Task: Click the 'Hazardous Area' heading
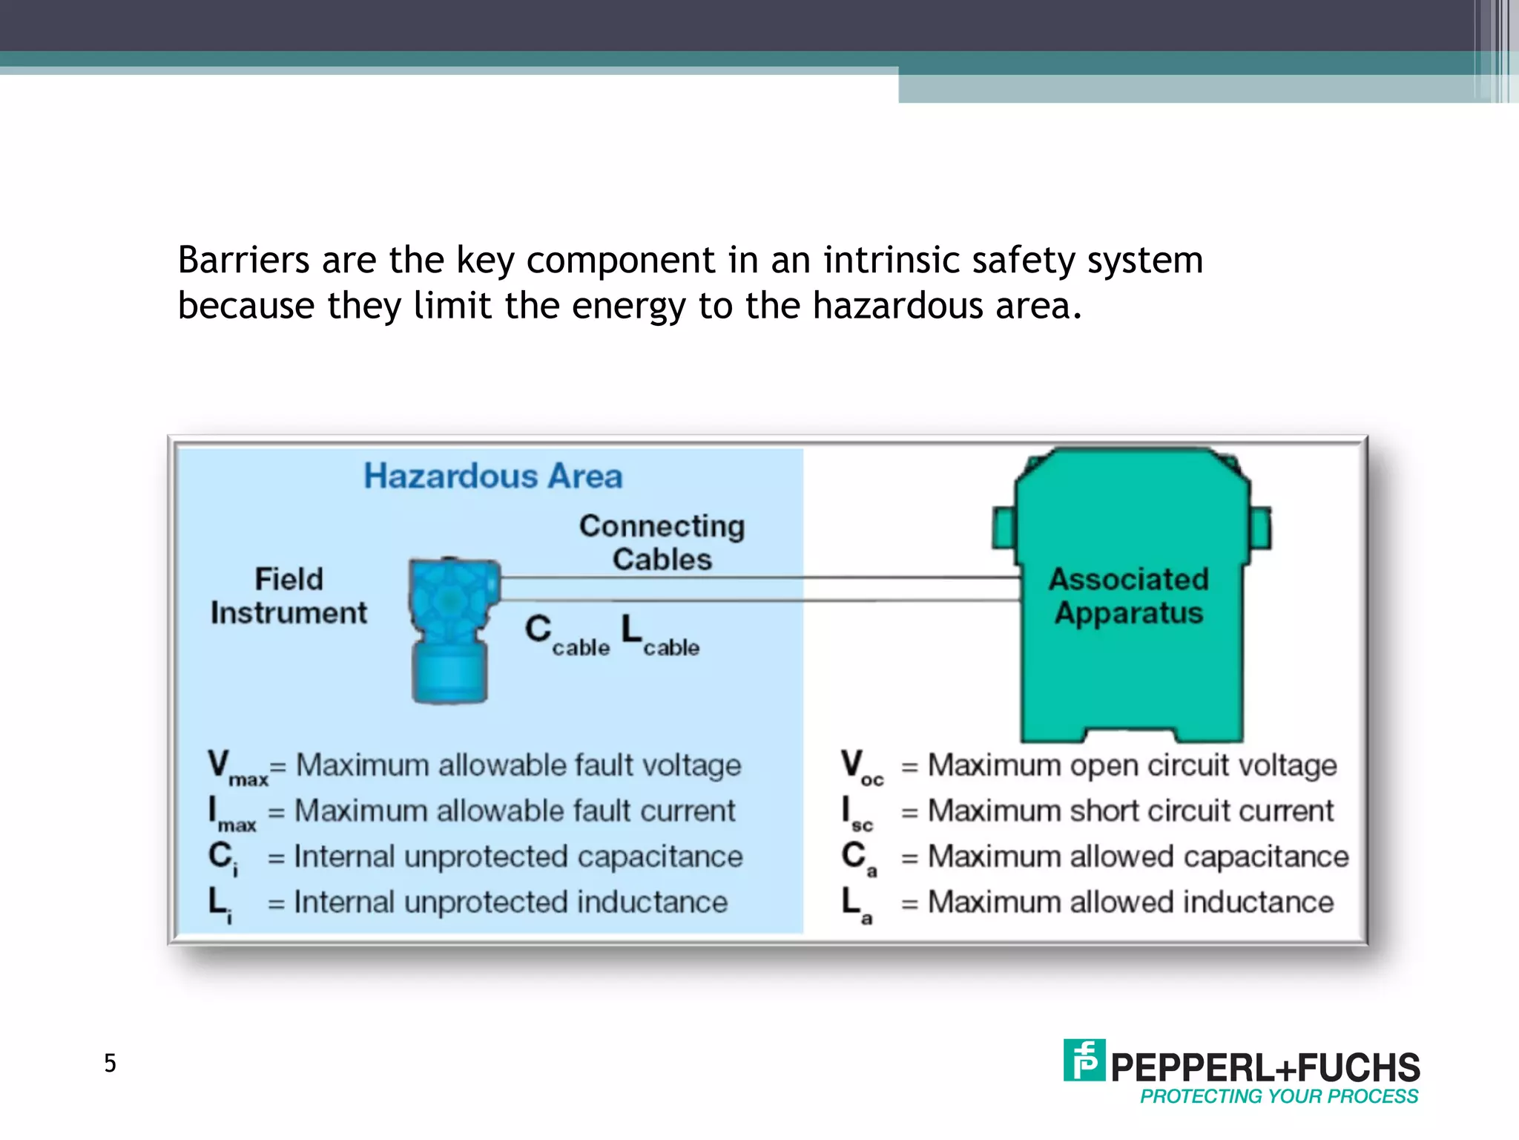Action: point(492,476)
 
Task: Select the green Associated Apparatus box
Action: point(1130,653)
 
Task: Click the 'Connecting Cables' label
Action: point(662,543)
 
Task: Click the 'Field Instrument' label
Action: point(289,596)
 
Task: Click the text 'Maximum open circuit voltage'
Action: point(1132,766)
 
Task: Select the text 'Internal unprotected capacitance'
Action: point(518,857)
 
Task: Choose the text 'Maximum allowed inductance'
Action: point(1130,902)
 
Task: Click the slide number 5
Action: point(110,1064)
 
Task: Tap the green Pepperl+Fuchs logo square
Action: point(1084,1060)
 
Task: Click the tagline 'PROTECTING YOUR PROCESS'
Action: point(1279,1097)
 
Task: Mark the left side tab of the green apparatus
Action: point(1004,528)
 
